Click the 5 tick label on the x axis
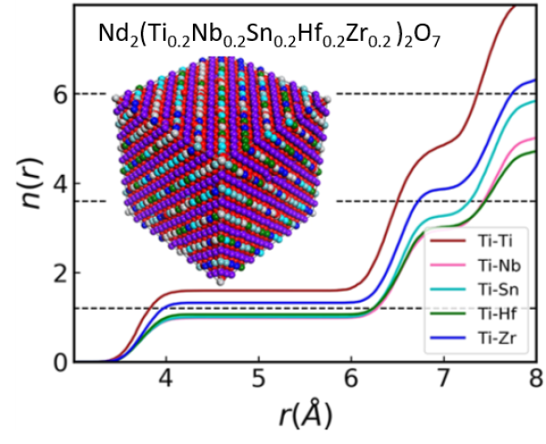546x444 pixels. pos(259,378)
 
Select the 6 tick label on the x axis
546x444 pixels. pos(351,378)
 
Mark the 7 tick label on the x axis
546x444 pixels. pos(444,378)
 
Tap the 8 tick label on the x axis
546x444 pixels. pos(535,378)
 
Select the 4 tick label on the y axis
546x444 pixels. pos(60,184)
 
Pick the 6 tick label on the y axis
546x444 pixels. pos(60,94)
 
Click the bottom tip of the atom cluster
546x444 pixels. pos(221,282)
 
